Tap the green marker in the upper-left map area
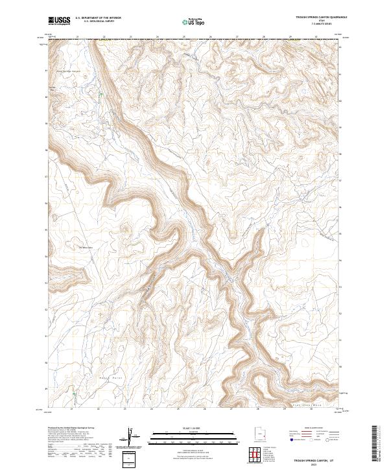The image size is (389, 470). point(100,96)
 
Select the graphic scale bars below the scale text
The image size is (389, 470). point(189,436)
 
